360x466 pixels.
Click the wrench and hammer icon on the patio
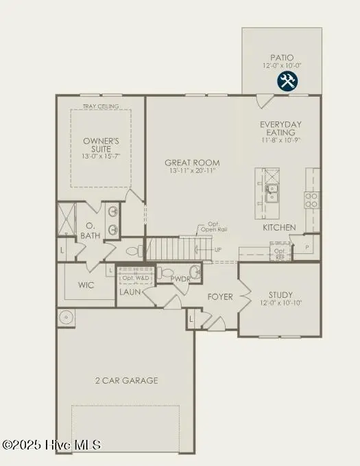click(x=287, y=81)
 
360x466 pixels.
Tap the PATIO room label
click(x=282, y=57)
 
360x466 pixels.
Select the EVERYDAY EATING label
click(x=280, y=128)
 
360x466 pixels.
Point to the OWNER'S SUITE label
click(x=101, y=145)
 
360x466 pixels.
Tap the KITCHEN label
click(x=279, y=227)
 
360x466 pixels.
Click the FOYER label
click(x=220, y=297)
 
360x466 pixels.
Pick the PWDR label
click(x=180, y=279)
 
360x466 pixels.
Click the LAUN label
click(x=130, y=292)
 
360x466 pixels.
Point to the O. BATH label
click(x=91, y=230)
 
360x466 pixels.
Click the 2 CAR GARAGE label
click(x=126, y=380)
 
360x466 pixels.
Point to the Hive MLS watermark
click(x=51, y=445)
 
